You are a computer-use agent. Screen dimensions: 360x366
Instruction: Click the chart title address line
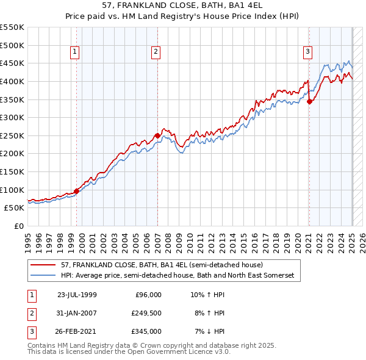point(183,5)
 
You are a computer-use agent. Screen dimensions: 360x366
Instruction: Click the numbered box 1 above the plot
point(74,52)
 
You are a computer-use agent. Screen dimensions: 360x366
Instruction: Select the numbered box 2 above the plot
point(156,52)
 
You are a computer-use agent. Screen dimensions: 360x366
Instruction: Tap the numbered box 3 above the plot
point(307,52)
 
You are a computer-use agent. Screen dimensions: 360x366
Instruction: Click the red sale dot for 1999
point(77,191)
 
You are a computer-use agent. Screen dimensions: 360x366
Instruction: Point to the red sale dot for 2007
point(157,135)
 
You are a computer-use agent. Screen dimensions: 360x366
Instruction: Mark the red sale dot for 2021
point(309,101)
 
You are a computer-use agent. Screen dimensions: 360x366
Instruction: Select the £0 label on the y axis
point(19,226)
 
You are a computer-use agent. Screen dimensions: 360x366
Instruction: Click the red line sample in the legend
point(43,265)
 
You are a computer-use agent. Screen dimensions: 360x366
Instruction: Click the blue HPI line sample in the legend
point(43,276)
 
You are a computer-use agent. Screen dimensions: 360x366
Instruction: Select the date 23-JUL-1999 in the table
point(77,295)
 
